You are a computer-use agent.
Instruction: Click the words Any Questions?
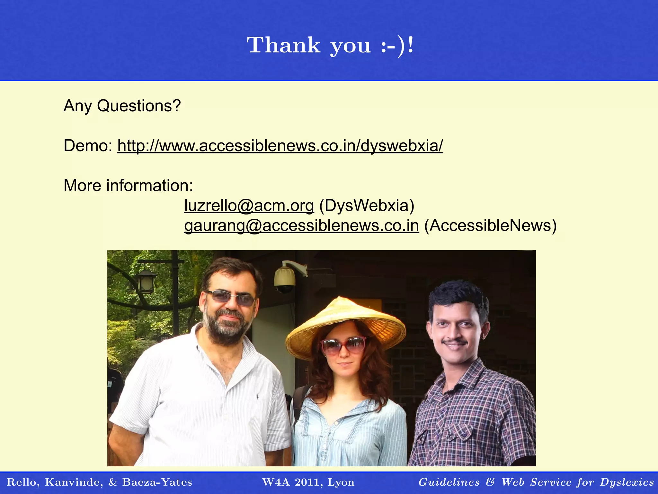tap(122, 106)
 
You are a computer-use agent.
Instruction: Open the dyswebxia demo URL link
tap(280, 146)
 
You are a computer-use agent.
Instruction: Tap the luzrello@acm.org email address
tap(249, 206)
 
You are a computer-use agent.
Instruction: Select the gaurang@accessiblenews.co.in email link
tap(301, 225)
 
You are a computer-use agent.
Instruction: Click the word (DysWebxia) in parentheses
tap(367, 206)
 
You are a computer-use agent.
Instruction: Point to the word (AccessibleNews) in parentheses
tap(490, 225)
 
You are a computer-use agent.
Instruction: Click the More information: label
tap(128, 186)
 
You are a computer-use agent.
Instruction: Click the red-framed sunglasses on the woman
tap(343, 345)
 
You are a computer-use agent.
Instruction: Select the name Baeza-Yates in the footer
tap(157, 482)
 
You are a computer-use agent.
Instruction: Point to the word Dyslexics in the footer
tap(627, 482)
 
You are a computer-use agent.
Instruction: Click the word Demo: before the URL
tap(88, 146)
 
